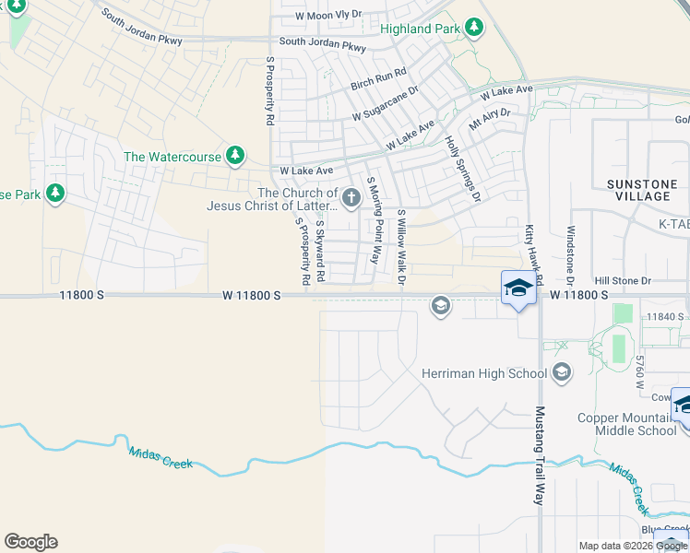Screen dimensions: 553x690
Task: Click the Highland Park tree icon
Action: tap(474, 27)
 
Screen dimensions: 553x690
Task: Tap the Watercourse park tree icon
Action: tap(236, 155)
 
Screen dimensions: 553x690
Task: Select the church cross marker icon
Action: tap(351, 197)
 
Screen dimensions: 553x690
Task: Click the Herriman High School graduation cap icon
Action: tap(561, 372)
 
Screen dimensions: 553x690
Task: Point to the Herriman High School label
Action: tap(483, 373)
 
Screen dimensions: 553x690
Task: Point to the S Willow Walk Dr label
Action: tap(401, 246)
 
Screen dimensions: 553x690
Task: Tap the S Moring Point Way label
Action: tap(374, 220)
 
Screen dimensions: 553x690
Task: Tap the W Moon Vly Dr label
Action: tap(329, 17)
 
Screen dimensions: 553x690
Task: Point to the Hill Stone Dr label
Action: tap(623, 280)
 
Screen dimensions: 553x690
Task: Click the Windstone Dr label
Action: tap(571, 254)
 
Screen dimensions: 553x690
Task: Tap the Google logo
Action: tap(30, 542)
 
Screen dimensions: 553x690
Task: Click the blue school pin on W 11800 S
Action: tap(518, 288)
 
